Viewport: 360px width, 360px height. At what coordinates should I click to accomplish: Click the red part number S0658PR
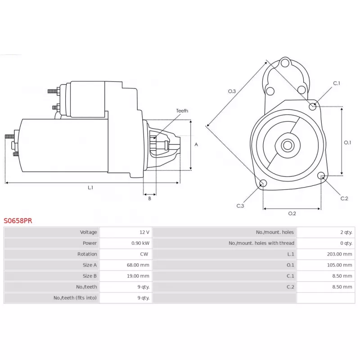(18, 221)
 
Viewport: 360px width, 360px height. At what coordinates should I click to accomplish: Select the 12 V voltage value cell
(144, 232)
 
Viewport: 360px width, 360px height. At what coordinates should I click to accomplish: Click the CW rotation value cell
(144, 254)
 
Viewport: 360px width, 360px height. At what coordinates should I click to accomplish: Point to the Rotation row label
(87, 254)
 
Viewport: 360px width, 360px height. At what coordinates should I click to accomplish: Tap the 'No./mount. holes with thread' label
(261, 243)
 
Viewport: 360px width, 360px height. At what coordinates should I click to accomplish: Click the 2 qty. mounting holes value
(346, 232)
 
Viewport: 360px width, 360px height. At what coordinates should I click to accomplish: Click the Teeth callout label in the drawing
(182, 111)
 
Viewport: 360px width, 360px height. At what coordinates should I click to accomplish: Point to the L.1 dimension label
(90, 188)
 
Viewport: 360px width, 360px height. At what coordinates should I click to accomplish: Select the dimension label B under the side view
(149, 198)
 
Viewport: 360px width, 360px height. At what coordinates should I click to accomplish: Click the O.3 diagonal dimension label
(231, 91)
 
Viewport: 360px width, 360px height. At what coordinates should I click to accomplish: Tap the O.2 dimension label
(292, 213)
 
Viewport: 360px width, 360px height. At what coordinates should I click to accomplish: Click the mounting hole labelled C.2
(321, 175)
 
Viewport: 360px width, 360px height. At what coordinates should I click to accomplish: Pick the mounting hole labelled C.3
(264, 183)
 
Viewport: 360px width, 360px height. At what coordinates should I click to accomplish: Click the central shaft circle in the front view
(288, 145)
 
